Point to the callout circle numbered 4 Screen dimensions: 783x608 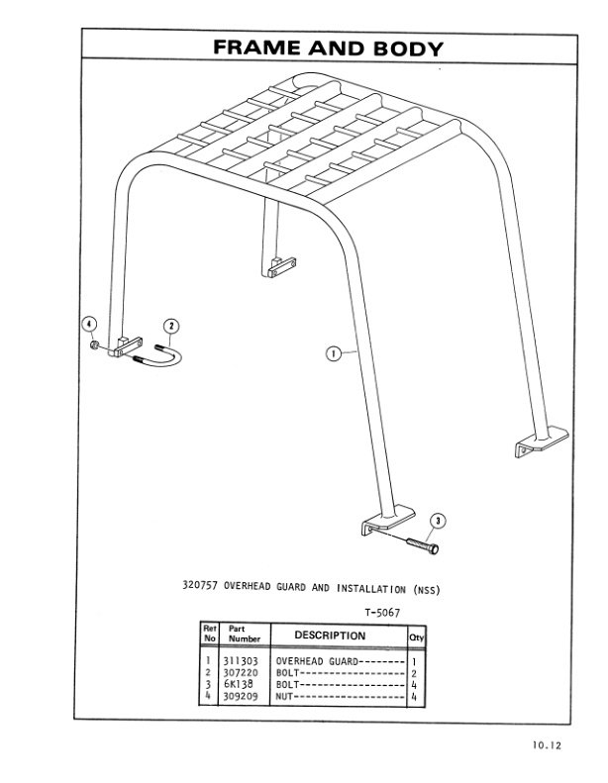[x=88, y=325]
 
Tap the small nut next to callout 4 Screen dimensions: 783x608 [x=91, y=345]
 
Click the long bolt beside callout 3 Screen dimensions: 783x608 [x=420, y=540]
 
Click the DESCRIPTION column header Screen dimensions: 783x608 [x=330, y=636]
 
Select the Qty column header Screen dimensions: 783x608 [x=416, y=636]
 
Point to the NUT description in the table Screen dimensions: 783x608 [x=286, y=696]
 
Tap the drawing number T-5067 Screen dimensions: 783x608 [x=382, y=613]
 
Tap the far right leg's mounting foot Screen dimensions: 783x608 [x=541, y=442]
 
